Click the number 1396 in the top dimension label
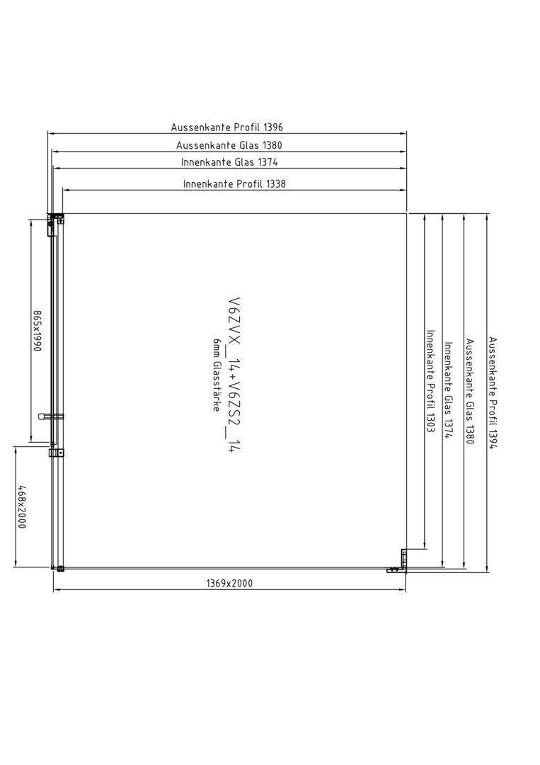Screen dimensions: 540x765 coord(273,127)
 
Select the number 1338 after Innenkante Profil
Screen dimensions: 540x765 coord(276,184)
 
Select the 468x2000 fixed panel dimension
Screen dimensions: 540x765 coord(21,506)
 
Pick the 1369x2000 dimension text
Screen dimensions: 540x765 coord(229,583)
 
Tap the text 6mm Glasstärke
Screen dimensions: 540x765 coord(217,375)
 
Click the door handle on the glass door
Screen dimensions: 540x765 coord(51,416)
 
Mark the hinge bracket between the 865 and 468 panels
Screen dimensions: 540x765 coord(57,453)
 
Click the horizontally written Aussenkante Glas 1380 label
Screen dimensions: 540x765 coord(229,145)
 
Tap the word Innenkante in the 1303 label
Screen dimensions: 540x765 coord(430,354)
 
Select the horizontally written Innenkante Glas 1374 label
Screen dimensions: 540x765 coord(229,162)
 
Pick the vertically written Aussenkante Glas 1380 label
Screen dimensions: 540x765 coord(469,391)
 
